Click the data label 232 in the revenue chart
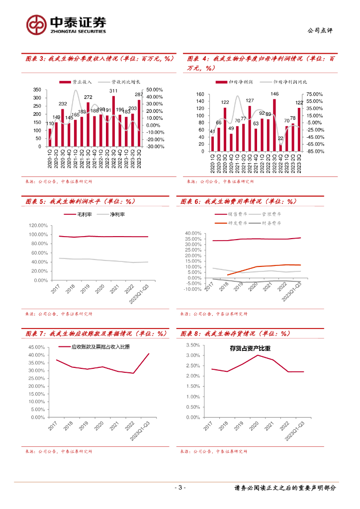pos(63,104)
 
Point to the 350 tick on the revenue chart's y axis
pos(37,89)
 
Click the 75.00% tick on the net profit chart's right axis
pos(314,94)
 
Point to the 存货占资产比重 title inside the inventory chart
pos(250,348)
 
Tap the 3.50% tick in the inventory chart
pos(192,345)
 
